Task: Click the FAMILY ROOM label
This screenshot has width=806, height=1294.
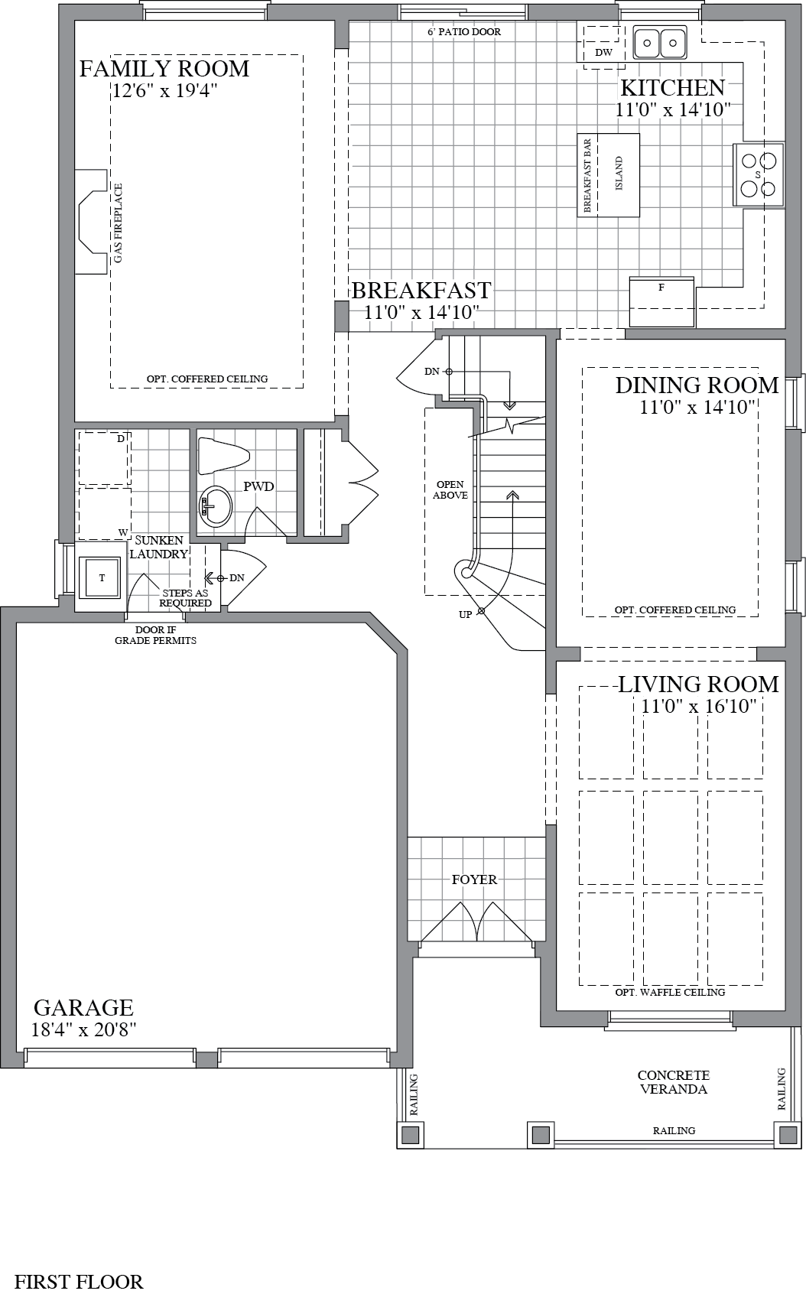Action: pos(164,69)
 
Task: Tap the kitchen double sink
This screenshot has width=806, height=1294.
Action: pos(660,43)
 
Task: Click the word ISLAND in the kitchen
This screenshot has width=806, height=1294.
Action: pos(619,174)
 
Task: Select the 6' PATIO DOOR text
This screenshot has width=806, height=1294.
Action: pos(464,32)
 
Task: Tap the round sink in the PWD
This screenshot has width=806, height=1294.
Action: pos(215,506)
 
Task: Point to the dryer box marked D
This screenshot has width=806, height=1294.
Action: pos(105,458)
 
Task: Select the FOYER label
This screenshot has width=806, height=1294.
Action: pos(474,879)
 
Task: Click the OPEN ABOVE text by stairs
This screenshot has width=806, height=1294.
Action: pos(450,490)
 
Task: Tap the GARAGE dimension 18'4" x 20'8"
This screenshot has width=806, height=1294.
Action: pos(83,1029)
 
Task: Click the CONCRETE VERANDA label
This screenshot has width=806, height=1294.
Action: pos(673,1082)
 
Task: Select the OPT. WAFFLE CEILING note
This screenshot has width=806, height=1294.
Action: pos(670,992)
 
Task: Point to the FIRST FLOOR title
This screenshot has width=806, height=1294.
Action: pos(80,1281)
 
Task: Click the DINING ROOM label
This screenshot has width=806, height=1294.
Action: pos(697,385)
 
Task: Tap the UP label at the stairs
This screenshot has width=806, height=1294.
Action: pos(465,615)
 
